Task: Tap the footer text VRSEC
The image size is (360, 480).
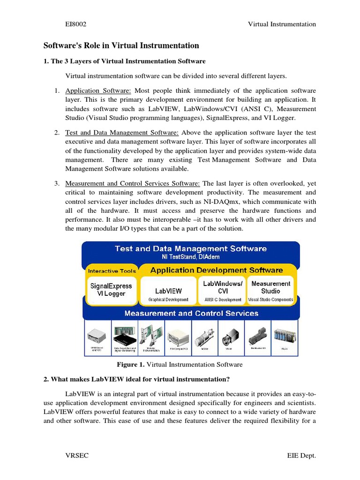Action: tap(76, 456)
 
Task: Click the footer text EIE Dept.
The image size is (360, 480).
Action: tap(301, 456)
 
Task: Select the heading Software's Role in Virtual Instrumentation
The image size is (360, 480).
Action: tap(121, 45)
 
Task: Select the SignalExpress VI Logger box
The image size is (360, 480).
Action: tap(111, 290)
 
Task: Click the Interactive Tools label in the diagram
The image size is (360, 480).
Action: tap(112, 271)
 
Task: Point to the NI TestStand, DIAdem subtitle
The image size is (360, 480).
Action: tap(191, 257)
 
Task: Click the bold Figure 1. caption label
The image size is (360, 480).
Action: tap(131, 364)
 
